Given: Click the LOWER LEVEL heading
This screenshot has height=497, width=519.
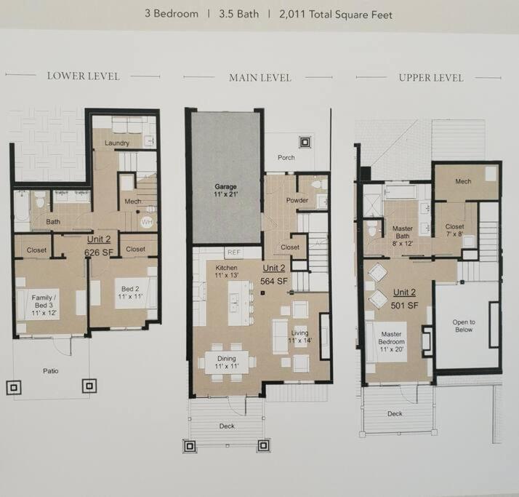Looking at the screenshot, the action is (83, 76).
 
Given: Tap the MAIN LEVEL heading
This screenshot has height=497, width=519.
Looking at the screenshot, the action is (260, 78).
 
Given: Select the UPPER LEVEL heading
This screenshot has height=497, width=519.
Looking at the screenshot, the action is (431, 78).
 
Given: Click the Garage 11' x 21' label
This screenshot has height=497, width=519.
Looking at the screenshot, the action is (226, 191).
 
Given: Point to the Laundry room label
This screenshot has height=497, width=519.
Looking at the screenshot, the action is (117, 143).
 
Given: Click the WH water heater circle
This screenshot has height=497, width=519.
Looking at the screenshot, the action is (147, 222).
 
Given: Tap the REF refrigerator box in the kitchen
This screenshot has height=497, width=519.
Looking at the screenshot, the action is (233, 253).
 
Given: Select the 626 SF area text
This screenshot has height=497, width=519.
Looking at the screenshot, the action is (99, 253).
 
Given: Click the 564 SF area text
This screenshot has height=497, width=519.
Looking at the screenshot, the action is (274, 282).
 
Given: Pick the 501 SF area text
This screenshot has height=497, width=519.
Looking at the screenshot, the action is (404, 306).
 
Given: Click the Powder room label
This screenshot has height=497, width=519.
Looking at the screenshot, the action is (297, 200).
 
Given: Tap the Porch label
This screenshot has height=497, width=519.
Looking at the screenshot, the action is (286, 158).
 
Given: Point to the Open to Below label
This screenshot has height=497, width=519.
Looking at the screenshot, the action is (464, 326).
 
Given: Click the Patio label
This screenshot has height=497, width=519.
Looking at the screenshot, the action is (51, 371).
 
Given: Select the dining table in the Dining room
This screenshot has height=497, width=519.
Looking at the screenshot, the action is (227, 362).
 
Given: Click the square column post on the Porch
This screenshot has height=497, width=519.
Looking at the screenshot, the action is (305, 143).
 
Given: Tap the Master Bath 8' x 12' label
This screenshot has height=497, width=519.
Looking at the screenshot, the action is (403, 236).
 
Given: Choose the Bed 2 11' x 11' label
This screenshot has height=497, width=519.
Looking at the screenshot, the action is (130, 293).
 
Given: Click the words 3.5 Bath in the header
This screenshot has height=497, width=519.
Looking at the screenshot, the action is (238, 14).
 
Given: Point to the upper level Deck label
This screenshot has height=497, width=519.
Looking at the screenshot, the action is (395, 413).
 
